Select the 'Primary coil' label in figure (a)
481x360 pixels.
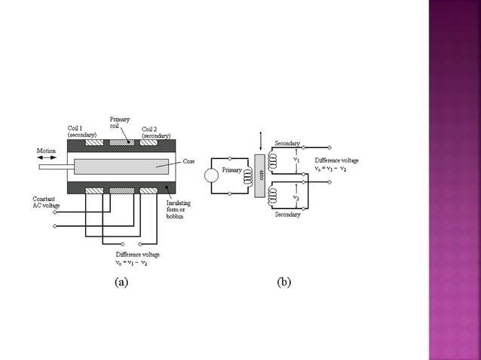[120, 123]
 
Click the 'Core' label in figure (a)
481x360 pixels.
[188, 161]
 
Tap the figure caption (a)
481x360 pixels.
[121, 282]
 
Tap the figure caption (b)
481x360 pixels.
[283, 282]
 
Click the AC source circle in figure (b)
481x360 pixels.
[212, 175]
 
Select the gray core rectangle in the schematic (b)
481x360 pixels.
[261, 175]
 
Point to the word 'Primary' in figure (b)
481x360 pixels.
[231, 170]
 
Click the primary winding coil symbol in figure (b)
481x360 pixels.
[247, 175]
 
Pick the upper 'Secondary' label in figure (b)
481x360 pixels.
[287, 143]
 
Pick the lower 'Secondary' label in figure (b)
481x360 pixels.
[287, 215]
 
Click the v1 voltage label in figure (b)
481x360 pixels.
[296, 160]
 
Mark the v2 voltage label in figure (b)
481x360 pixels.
[296, 197]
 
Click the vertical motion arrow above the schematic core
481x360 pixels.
[261, 141]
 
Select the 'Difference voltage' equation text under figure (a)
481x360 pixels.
[136, 259]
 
